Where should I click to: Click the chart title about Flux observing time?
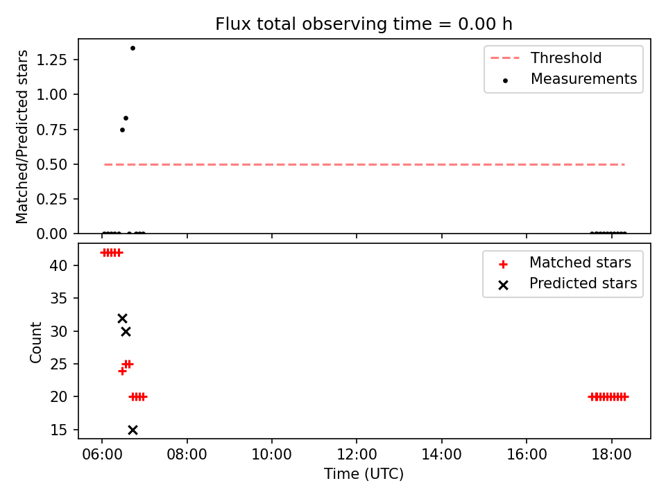click(x=364, y=24)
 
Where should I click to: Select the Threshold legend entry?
click(x=546, y=58)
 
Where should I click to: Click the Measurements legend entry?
click(x=570, y=79)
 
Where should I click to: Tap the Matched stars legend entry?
click(x=565, y=263)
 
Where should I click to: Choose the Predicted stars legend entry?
click(x=568, y=283)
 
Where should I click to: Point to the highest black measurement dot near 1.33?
click(x=133, y=49)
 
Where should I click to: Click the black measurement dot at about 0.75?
click(x=122, y=130)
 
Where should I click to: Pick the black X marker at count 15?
click(x=133, y=430)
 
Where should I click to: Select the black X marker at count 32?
click(x=122, y=318)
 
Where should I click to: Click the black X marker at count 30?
click(x=126, y=331)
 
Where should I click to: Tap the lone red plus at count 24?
click(x=122, y=371)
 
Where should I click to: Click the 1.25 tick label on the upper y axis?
click(x=51, y=60)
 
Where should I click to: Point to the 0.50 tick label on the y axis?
click(x=51, y=164)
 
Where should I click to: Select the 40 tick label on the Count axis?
click(x=58, y=265)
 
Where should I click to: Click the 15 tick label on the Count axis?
click(x=58, y=430)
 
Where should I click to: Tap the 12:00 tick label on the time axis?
click(x=357, y=455)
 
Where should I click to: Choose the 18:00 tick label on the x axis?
click(x=611, y=455)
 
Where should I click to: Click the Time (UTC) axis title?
click(x=364, y=473)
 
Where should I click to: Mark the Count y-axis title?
click(x=35, y=342)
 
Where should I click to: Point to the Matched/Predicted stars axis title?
click(x=22, y=137)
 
